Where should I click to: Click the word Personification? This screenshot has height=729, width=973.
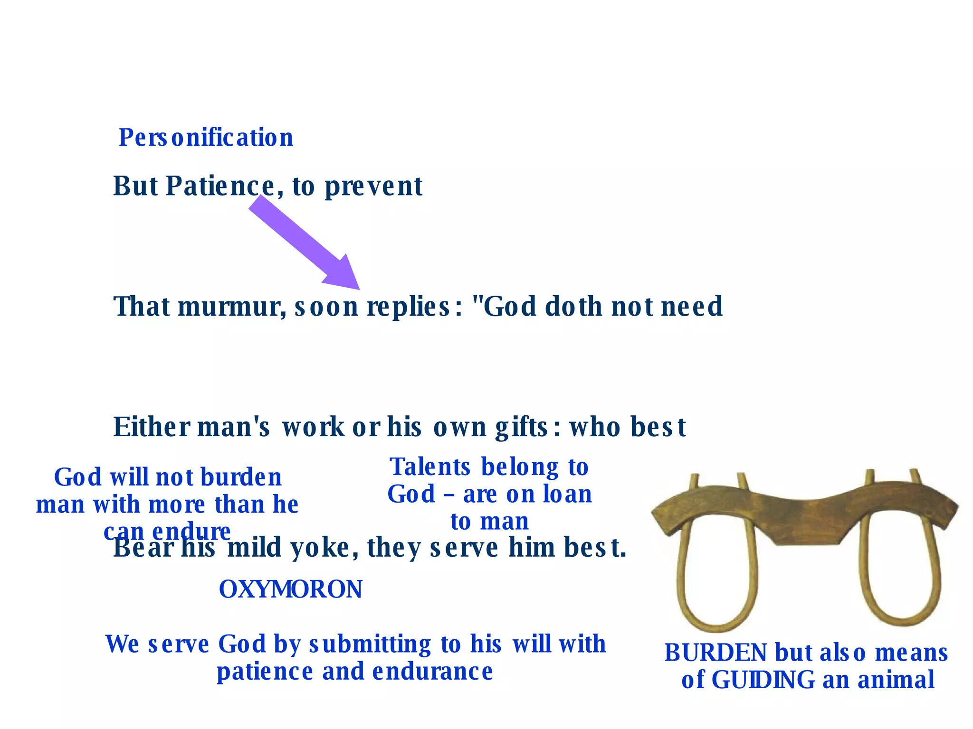tap(206, 138)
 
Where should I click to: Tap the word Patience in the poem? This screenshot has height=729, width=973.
tap(220, 186)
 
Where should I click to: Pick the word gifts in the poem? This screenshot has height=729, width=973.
tap(522, 427)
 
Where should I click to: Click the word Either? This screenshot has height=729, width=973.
tap(151, 427)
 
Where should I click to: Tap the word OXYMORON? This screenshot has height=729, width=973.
tap(291, 589)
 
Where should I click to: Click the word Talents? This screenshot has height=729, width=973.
tap(430, 467)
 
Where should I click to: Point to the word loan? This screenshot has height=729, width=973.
tap(567, 494)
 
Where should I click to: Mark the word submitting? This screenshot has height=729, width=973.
tap(370, 645)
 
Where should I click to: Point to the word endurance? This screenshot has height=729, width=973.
tap(432, 672)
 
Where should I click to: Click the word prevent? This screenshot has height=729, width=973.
tap(373, 186)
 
